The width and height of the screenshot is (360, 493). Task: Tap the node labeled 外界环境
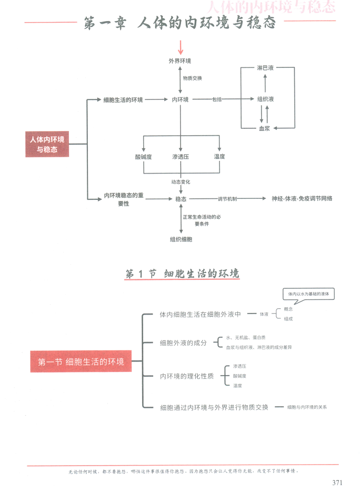(180, 62)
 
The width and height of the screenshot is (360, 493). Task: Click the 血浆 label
(265, 128)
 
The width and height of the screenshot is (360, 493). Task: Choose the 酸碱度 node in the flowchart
(143, 157)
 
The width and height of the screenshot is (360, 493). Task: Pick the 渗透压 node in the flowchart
(180, 157)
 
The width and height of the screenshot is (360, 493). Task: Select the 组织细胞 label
(181, 239)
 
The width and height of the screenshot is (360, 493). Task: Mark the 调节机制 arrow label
(227, 199)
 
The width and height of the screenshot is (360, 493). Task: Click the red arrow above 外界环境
(181, 47)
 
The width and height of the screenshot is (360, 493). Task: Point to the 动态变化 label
(181, 182)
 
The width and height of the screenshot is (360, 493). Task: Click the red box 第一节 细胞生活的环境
(81, 361)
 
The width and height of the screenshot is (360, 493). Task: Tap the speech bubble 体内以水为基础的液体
(305, 294)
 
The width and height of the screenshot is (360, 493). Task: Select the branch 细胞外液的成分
(183, 343)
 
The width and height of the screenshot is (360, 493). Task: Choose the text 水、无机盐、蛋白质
(245, 337)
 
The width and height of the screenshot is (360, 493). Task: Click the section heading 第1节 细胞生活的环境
(182, 274)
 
